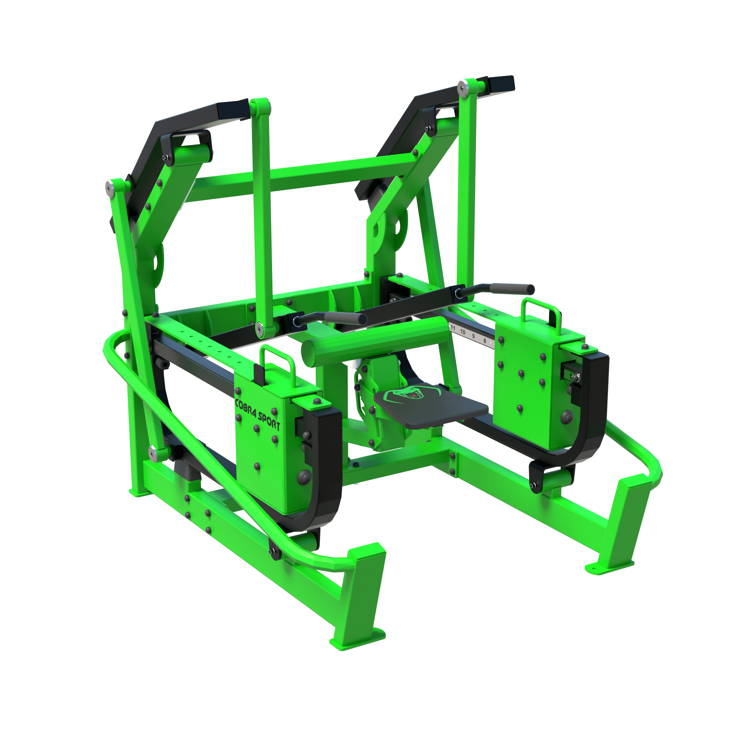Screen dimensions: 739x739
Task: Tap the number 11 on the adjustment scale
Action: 453,328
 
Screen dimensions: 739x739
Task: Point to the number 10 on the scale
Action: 463,332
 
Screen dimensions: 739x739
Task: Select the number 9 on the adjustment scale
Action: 474,336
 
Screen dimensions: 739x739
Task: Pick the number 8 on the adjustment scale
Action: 485,340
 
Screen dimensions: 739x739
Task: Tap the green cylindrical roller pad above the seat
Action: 376,340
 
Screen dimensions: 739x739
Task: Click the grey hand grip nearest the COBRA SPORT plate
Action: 345,317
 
